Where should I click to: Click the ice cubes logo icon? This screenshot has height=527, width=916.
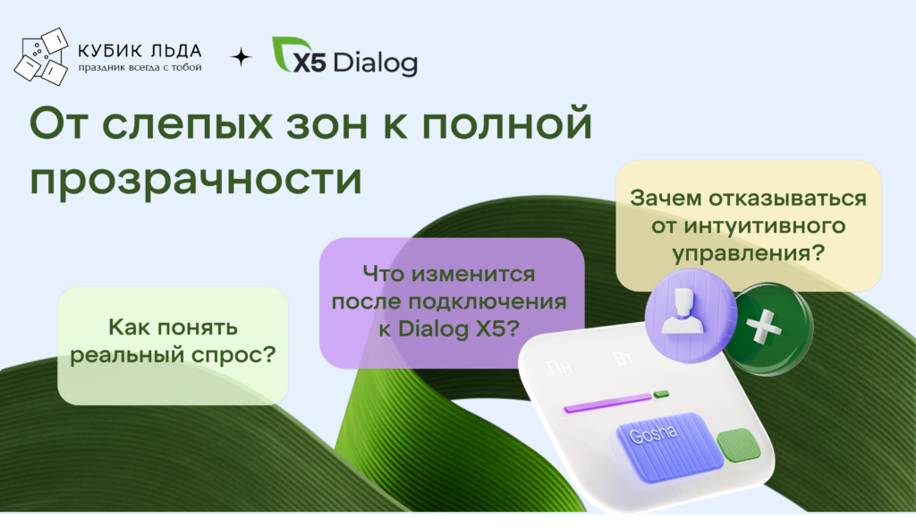(x=41, y=56)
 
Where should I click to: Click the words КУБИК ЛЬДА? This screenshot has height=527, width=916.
(x=140, y=51)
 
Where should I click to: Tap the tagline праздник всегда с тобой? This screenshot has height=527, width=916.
(x=140, y=67)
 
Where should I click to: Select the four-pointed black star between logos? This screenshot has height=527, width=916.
(x=241, y=57)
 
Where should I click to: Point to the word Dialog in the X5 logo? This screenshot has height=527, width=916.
(x=376, y=62)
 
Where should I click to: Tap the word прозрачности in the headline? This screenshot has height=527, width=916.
(x=196, y=178)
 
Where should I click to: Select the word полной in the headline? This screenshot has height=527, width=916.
(x=507, y=123)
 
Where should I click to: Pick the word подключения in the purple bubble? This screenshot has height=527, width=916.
(x=488, y=302)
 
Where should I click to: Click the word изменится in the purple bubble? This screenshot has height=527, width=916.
(x=473, y=274)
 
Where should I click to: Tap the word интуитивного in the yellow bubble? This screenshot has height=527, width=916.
(x=766, y=225)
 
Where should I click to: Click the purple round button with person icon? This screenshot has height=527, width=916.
(x=691, y=315)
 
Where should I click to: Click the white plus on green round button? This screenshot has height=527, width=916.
(x=764, y=327)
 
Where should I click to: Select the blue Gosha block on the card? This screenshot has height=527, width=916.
(x=669, y=446)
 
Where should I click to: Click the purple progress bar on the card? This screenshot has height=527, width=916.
(x=607, y=404)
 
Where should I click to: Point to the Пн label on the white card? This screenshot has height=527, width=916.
(x=559, y=367)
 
